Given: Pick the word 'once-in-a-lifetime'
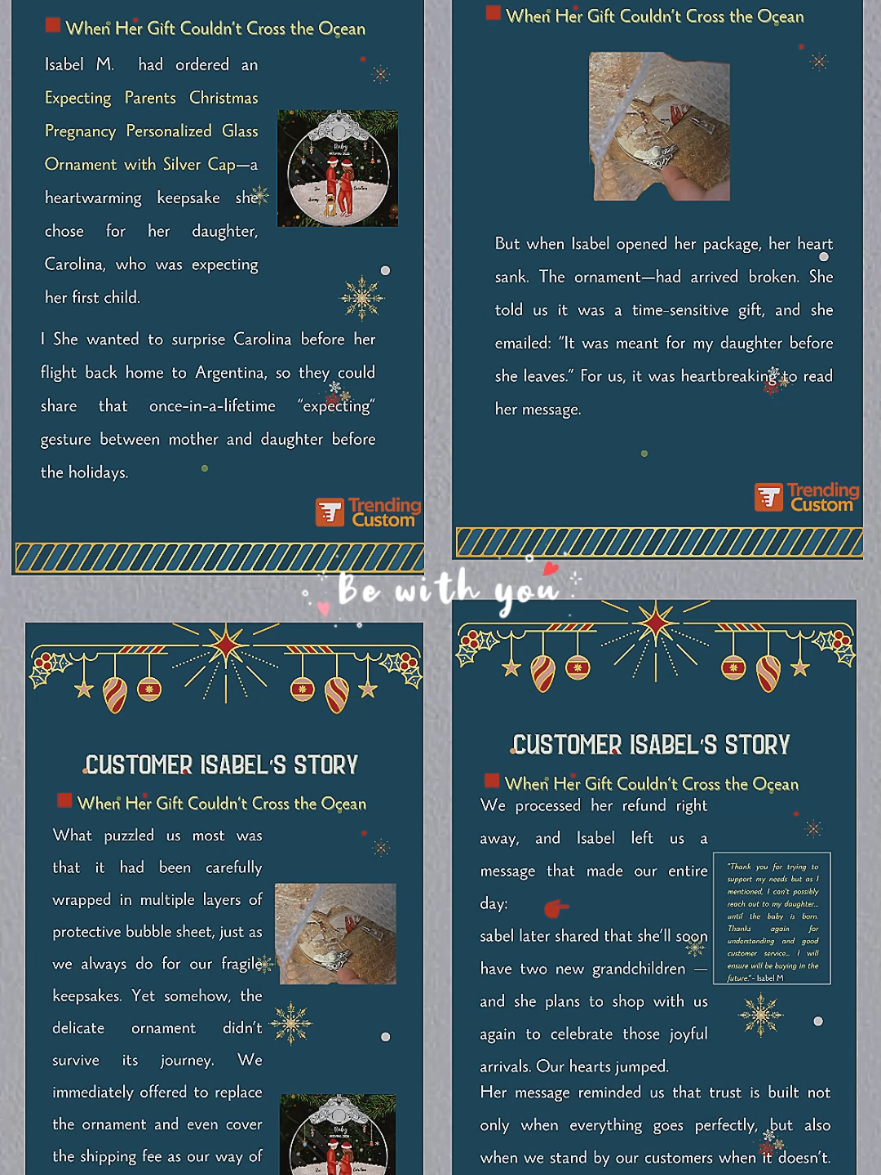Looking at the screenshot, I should (212, 406).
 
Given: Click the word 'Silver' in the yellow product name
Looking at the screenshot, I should (182, 164).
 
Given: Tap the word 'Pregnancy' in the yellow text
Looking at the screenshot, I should (80, 131).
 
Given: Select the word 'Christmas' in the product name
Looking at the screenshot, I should (224, 98).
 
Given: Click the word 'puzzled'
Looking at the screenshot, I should (129, 836).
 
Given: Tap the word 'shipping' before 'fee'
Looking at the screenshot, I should (132, 1156).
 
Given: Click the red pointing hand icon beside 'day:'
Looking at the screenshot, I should (556, 907).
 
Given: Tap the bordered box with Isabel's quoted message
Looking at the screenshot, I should (772, 919).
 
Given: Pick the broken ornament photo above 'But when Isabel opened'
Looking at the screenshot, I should (659, 126).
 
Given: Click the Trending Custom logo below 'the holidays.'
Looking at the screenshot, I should (368, 512).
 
